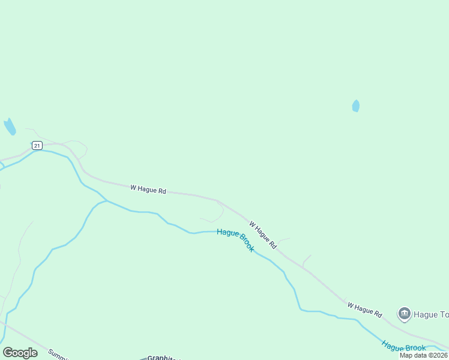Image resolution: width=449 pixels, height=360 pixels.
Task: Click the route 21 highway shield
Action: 37,146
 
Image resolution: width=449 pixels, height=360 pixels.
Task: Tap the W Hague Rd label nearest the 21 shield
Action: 148,189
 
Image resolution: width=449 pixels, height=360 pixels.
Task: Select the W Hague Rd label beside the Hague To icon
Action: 364,310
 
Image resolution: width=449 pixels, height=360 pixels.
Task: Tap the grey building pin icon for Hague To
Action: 404,313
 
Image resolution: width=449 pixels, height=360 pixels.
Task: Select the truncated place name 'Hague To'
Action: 432,314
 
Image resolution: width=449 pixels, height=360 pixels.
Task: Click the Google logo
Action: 20,353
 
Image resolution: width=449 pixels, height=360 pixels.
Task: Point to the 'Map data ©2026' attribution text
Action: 423,355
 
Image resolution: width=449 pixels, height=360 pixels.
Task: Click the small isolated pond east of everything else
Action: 356,106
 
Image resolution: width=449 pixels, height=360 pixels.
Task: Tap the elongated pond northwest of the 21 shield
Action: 10,127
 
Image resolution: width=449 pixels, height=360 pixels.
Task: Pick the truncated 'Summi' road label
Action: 59,355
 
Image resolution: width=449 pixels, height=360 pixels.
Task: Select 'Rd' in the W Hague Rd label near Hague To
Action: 378,313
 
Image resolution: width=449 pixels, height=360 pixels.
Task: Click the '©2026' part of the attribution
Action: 436,355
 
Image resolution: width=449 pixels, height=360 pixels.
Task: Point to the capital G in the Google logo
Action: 8,353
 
